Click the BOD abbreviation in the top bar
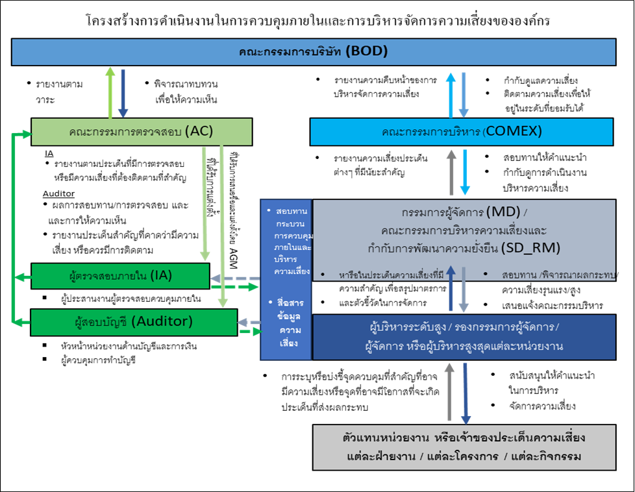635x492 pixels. (x=367, y=51)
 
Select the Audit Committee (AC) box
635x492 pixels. (x=141, y=132)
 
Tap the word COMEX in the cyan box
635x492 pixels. (x=513, y=132)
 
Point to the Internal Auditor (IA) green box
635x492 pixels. (x=120, y=275)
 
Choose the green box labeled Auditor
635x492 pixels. (x=133, y=321)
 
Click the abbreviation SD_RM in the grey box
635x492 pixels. (x=530, y=247)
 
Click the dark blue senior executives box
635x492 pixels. (x=464, y=336)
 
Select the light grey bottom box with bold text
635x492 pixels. (x=464, y=447)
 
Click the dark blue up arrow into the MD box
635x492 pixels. (x=451, y=289)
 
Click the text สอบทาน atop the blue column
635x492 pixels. (x=291, y=212)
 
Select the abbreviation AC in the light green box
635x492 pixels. (x=199, y=131)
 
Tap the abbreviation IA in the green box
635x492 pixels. (x=160, y=275)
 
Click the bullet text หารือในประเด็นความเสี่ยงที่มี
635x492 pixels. (x=391, y=275)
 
